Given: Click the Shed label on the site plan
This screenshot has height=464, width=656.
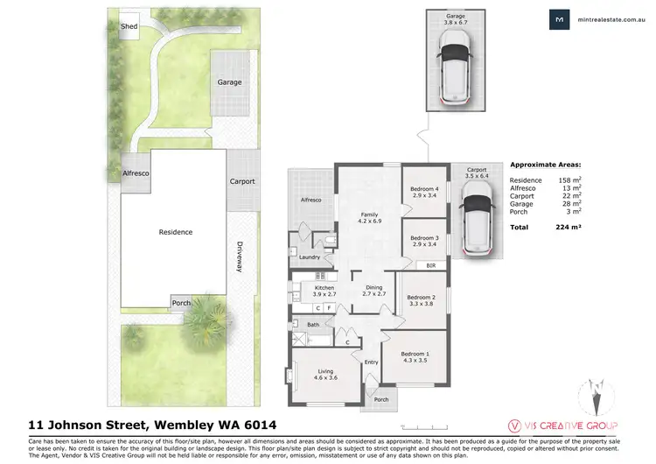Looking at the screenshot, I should point(129,25).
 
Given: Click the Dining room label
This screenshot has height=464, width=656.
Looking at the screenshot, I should point(373,291).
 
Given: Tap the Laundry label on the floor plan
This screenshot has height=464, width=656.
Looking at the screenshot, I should point(309,257).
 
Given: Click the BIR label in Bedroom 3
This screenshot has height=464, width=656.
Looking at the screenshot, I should point(430,265).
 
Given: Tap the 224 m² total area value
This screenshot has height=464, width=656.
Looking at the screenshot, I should point(569,227).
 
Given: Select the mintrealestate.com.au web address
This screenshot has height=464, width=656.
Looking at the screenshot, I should point(608,20).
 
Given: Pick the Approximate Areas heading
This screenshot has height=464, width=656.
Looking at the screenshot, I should point(547,164).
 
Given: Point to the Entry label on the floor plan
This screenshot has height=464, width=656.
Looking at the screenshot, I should point(371,362).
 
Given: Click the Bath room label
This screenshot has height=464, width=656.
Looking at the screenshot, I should point(312,325).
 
